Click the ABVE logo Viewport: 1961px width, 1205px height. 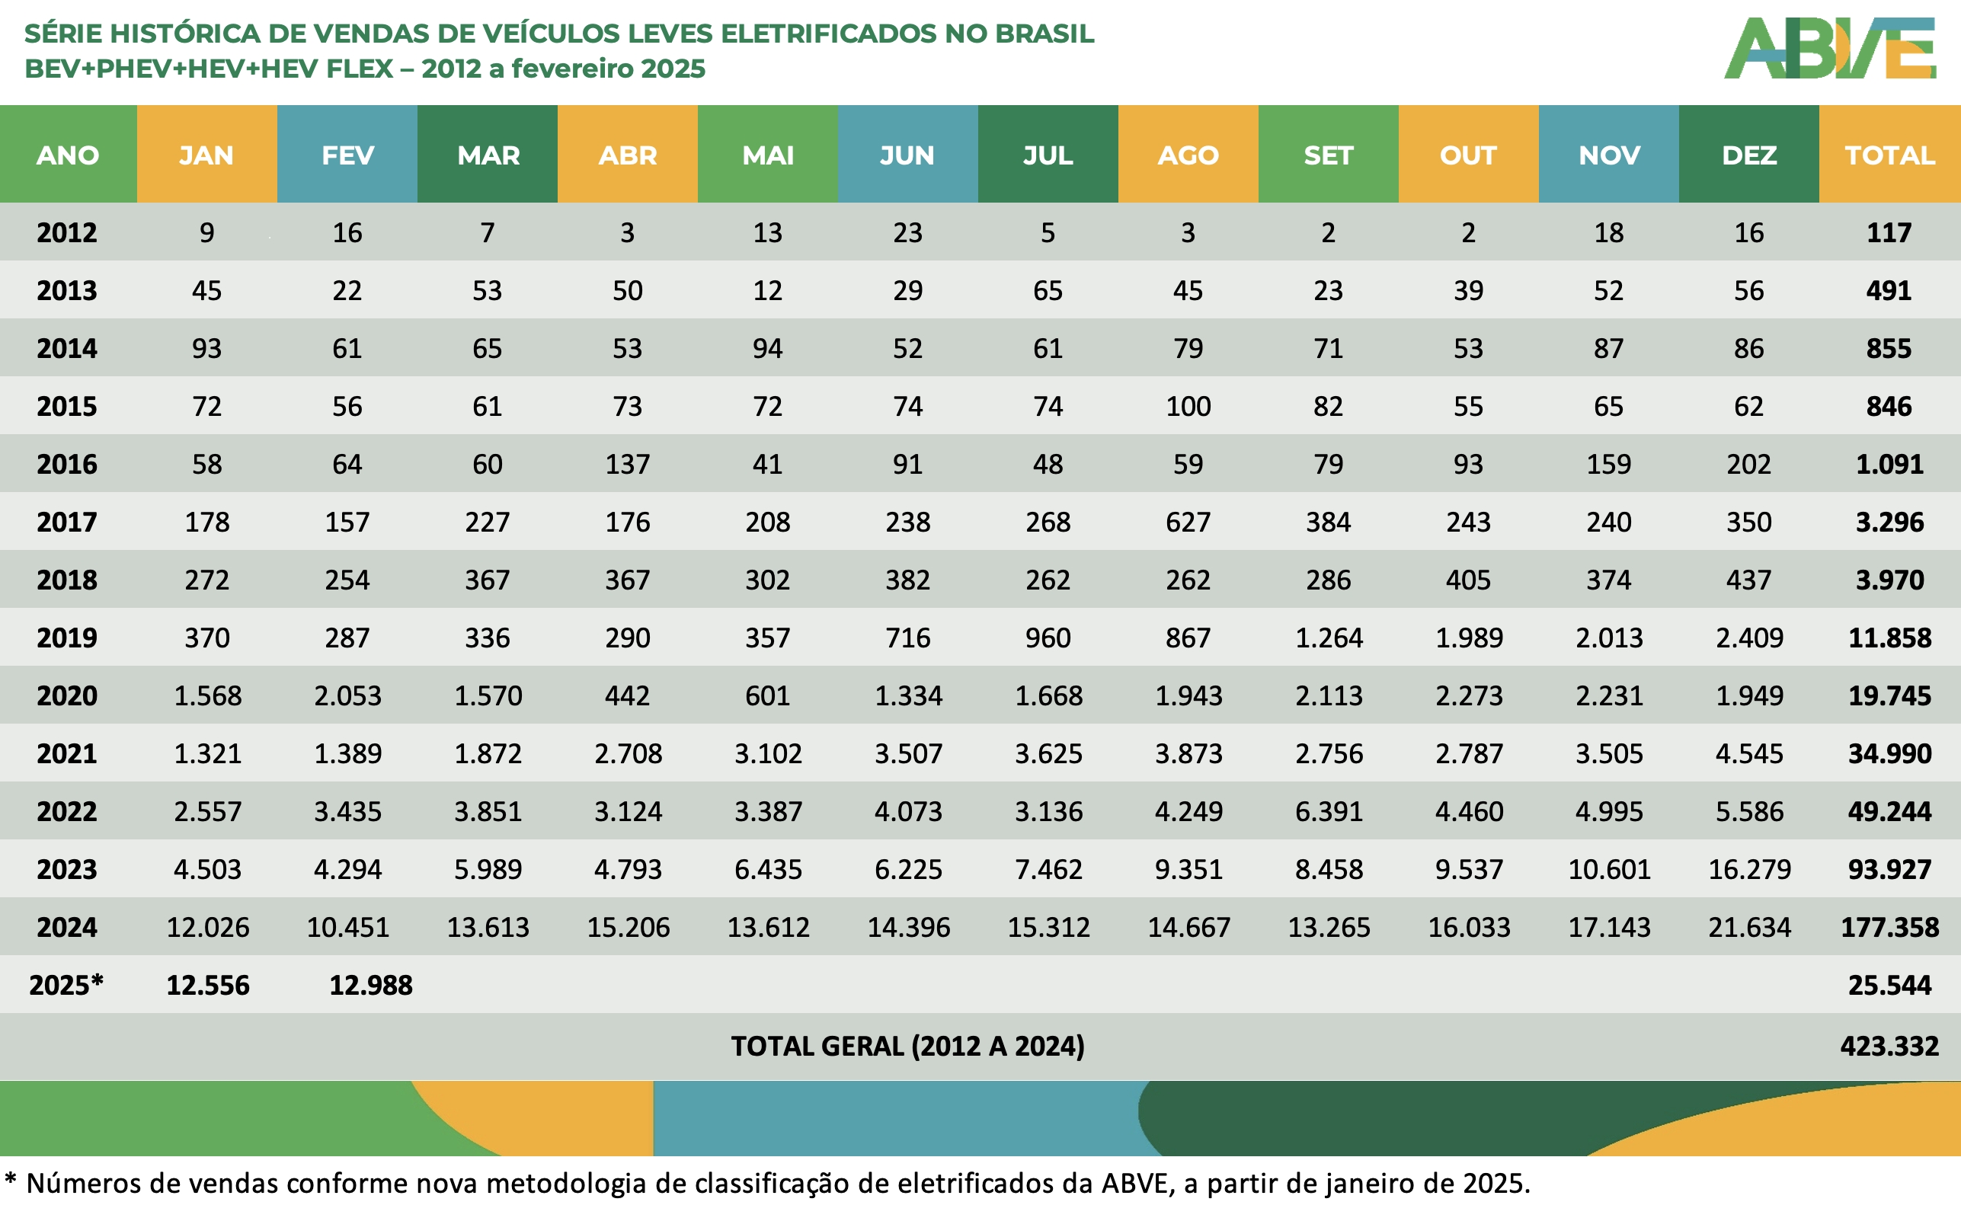1829,48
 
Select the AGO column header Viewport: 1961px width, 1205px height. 1188,155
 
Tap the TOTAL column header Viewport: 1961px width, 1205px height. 1889,155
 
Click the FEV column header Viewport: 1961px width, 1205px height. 347,155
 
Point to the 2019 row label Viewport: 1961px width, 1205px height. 67,638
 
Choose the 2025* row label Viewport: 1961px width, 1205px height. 67,985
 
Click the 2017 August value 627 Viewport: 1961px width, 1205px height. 1188,522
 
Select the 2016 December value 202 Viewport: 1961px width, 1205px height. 1749,464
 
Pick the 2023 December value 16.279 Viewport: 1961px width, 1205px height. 1749,868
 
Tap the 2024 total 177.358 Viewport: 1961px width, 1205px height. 1889,927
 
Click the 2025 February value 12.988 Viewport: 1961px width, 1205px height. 371,985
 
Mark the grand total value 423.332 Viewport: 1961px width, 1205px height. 1889,1046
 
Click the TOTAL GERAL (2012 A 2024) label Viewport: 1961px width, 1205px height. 908,1046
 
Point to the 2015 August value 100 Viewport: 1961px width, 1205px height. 1188,407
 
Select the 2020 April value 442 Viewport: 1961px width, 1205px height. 627,695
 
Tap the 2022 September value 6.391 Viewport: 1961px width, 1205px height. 1329,811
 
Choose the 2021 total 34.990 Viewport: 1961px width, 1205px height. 1889,753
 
